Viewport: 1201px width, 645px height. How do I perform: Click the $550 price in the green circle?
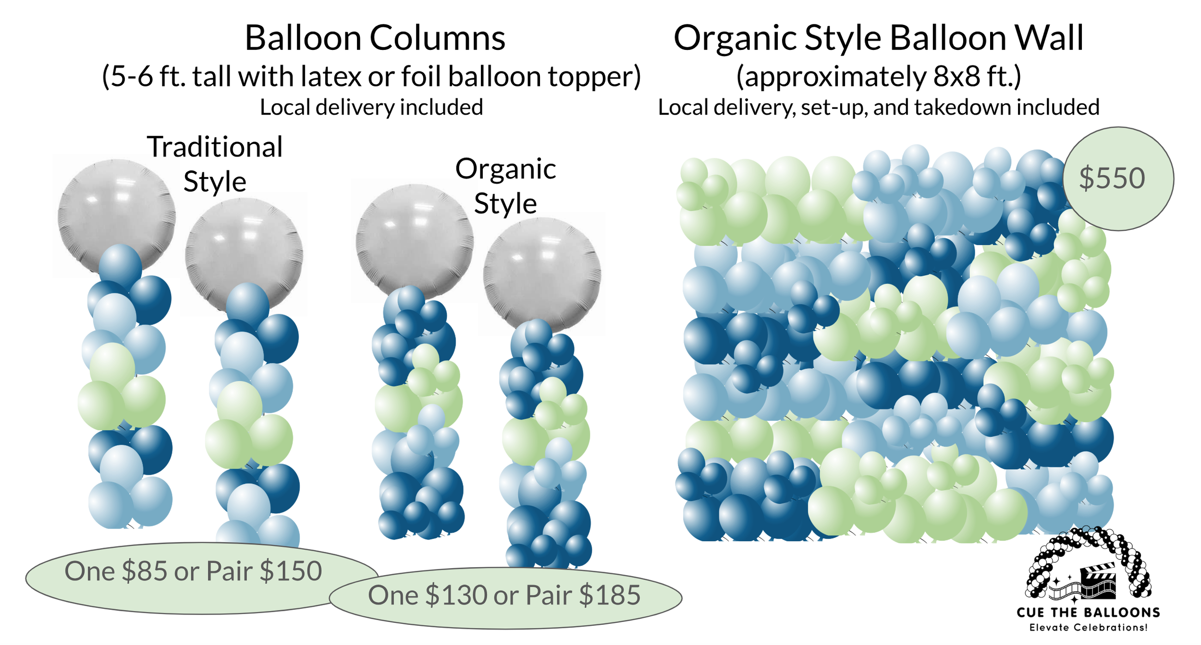tap(1112, 179)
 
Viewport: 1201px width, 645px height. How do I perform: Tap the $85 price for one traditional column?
tap(144, 571)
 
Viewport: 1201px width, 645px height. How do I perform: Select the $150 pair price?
tap(291, 571)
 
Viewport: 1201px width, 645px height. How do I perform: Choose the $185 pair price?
tap(610, 595)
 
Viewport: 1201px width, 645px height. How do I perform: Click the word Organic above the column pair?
tap(505, 169)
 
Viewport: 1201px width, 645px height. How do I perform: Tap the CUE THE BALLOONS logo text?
tap(1088, 612)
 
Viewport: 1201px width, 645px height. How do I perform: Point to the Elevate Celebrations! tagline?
tap(1088, 627)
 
